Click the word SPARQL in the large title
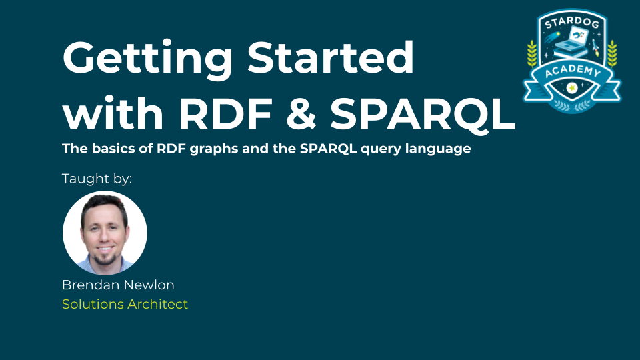(423, 114)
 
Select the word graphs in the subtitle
(214, 149)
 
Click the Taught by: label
(97, 179)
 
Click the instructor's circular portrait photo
(105, 233)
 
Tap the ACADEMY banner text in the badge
(573, 71)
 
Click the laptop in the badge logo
(573, 41)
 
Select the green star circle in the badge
(572, 87)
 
